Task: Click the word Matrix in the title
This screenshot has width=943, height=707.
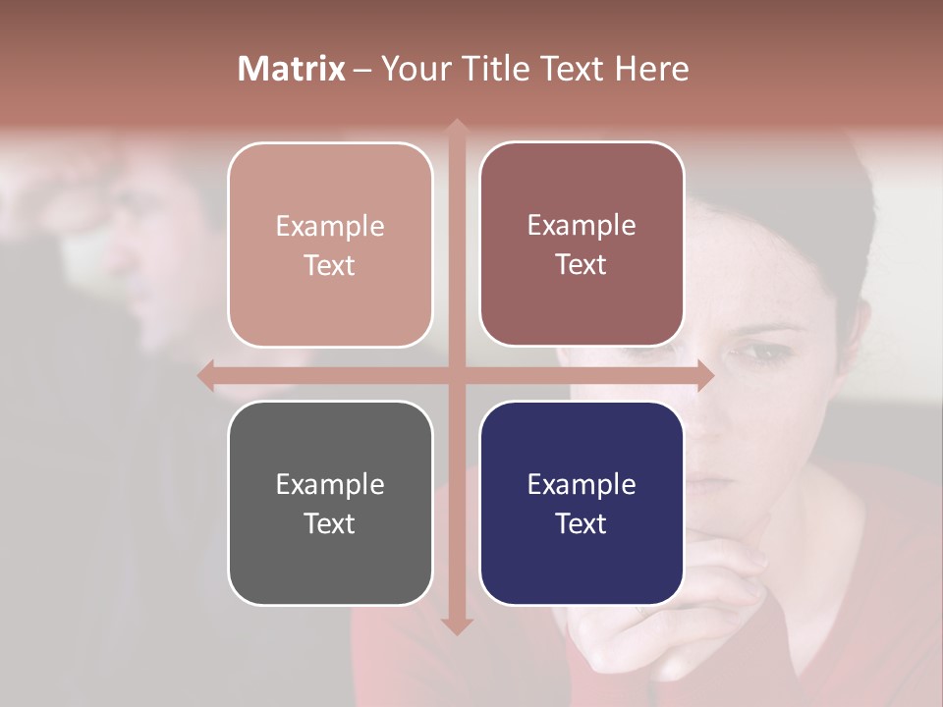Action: (x=292, y=69)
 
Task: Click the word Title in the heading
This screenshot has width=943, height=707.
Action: (x=496, y=69)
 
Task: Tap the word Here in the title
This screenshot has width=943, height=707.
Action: (x=651, y=69)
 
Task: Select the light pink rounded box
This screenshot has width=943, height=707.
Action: (x=330, y=245)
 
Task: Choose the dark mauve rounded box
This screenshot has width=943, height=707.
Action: (x=582, y=244)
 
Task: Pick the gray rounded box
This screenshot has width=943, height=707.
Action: (x=330, y=503)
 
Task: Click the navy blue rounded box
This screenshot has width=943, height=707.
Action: (x=582, y=503)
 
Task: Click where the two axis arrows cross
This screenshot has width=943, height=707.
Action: (x=456, y=375)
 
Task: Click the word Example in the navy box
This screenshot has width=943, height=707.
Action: (x=582, y=484)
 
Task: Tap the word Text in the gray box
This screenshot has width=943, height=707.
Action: (x=330, y=523)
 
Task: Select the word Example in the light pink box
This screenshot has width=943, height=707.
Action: (x=330, y=226)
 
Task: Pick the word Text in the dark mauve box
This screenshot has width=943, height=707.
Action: (x=582, y=264)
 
